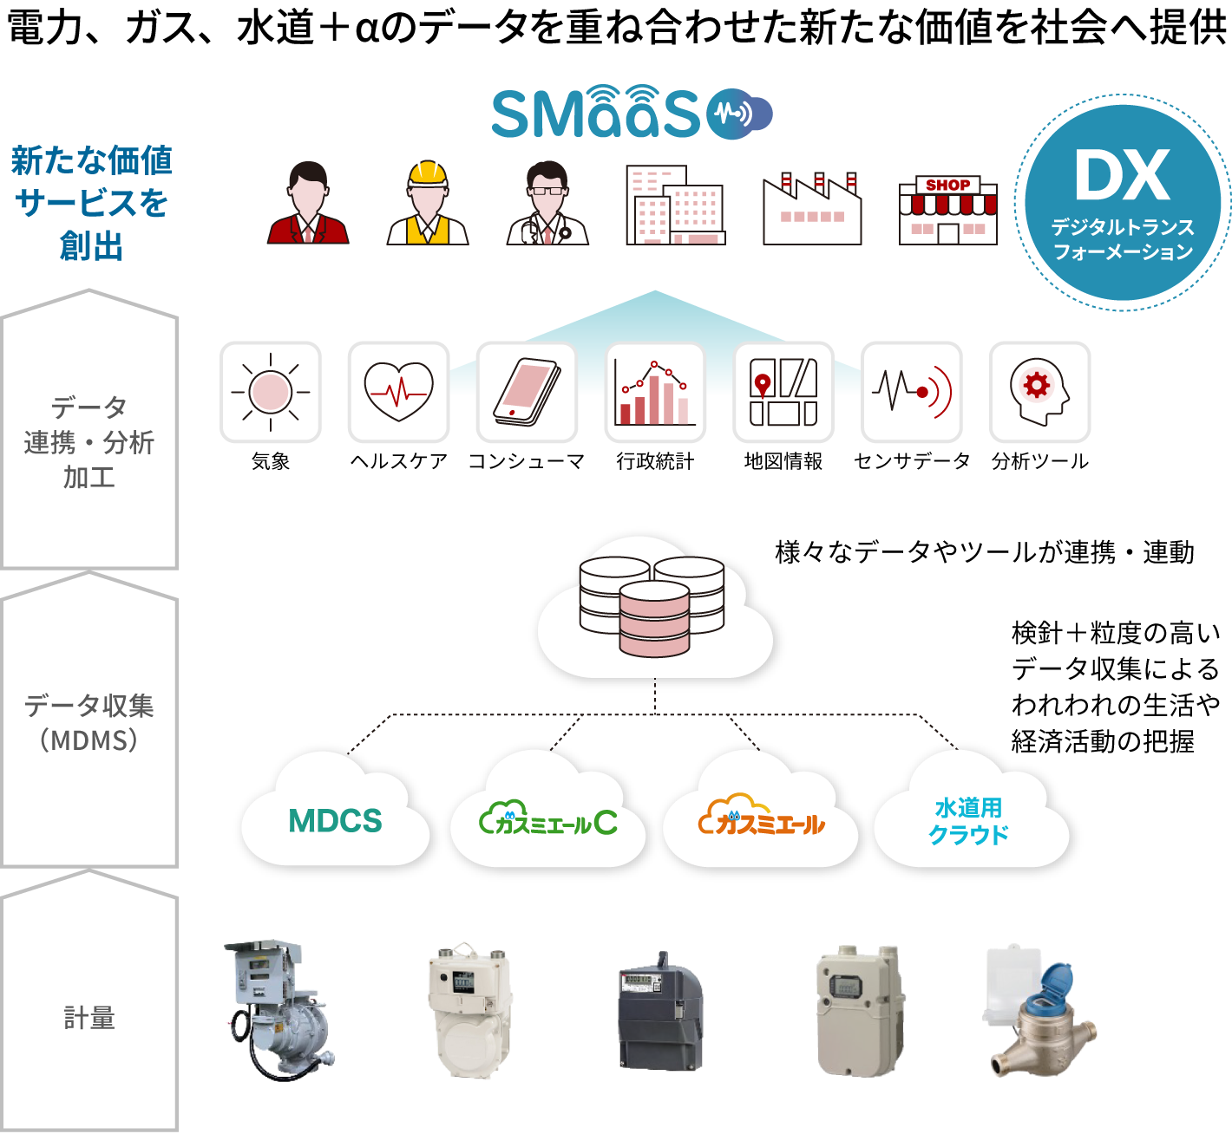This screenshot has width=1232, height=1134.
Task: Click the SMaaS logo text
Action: click(x=595, y=114)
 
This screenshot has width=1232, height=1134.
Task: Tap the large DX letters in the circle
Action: click(x=1122, y=176)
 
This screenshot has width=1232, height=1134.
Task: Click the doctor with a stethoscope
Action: click(x=547, y=205)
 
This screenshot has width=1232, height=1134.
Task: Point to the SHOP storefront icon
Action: click(x=947, y=210)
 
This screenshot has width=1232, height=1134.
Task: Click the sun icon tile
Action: click(x=271, y=392)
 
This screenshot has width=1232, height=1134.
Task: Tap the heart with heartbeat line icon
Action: click(x=398, y=392)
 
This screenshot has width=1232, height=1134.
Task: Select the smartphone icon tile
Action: click(x=527, y=392)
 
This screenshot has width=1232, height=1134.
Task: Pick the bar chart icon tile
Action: click(x=655, y=392)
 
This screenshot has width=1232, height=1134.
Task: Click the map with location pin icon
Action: click(x=783, y=392)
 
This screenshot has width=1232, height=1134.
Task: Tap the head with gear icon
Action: click(x=1039, y=392)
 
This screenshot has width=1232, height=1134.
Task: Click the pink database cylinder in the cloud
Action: click(x=654, y=619)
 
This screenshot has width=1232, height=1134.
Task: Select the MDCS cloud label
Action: click(x=335, y=821)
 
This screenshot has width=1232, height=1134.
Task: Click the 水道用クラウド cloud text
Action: click(x=968, y=821)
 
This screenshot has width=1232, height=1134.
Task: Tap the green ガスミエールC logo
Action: click(x=548, y=819)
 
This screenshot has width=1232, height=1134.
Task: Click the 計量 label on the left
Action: click(x=89, y=1018)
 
